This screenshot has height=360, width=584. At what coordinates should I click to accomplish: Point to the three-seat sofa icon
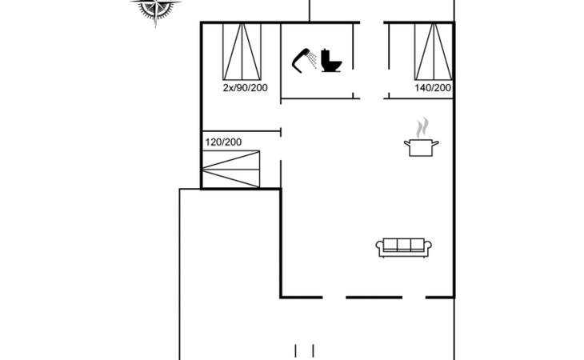[x=404, y=247]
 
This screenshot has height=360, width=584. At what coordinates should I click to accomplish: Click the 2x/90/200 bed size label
[x=245, y=88]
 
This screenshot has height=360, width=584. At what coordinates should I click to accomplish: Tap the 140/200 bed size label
[x=433, y=88]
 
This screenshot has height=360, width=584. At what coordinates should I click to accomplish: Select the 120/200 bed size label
[x=223, y=142]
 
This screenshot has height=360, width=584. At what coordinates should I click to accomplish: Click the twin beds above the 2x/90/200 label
[x=242, y=52]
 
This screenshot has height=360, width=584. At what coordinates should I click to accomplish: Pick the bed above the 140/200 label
[x=433, y=52]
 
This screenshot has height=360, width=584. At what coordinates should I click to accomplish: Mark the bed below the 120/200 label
[x=231, y=169]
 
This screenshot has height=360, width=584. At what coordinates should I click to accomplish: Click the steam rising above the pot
[x=422, y=128]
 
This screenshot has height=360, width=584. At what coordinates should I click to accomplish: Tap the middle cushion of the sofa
[x=404, y=245]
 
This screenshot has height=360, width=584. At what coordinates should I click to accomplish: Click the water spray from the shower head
[x=312, y=60]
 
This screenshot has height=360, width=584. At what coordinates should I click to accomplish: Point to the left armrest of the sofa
[x=379, y=246]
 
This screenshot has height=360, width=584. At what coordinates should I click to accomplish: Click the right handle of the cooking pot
[x=435, y=143]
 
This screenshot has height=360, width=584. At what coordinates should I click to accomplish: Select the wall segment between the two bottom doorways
[x=374, y=297]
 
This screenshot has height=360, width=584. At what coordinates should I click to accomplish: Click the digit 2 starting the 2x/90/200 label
[x=226, y=88]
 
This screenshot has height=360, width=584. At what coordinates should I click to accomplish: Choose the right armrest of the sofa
[x=428, y=246]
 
